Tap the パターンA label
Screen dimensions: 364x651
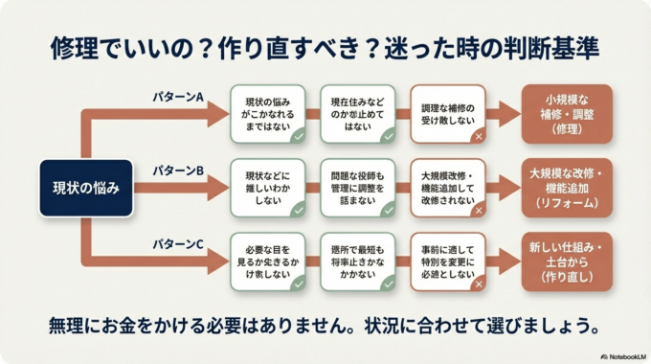[179, 97]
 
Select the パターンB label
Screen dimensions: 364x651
[179, 171]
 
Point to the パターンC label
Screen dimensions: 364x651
[179, 245]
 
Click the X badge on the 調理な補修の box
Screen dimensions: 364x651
[478, 136]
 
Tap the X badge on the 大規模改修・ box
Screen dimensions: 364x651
[478, 210]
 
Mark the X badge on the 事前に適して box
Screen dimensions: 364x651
[478, 284]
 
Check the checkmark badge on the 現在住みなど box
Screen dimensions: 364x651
[388, 136]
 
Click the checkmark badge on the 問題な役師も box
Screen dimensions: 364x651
[388, 210]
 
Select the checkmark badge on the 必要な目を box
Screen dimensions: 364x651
[298, 284]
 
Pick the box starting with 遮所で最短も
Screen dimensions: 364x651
[357, 262]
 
